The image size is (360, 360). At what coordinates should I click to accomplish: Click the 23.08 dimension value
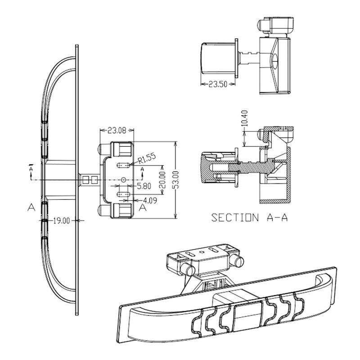coord(117,131)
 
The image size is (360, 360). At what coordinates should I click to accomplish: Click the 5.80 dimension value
coord(144,185)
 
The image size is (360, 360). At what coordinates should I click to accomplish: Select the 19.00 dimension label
coord(62,220)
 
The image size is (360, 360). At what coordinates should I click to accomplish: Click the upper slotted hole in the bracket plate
coord(123,165)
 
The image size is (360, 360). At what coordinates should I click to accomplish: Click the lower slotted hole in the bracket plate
coord(123,194)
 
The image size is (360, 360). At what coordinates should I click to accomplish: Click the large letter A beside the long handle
coord(31,207)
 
